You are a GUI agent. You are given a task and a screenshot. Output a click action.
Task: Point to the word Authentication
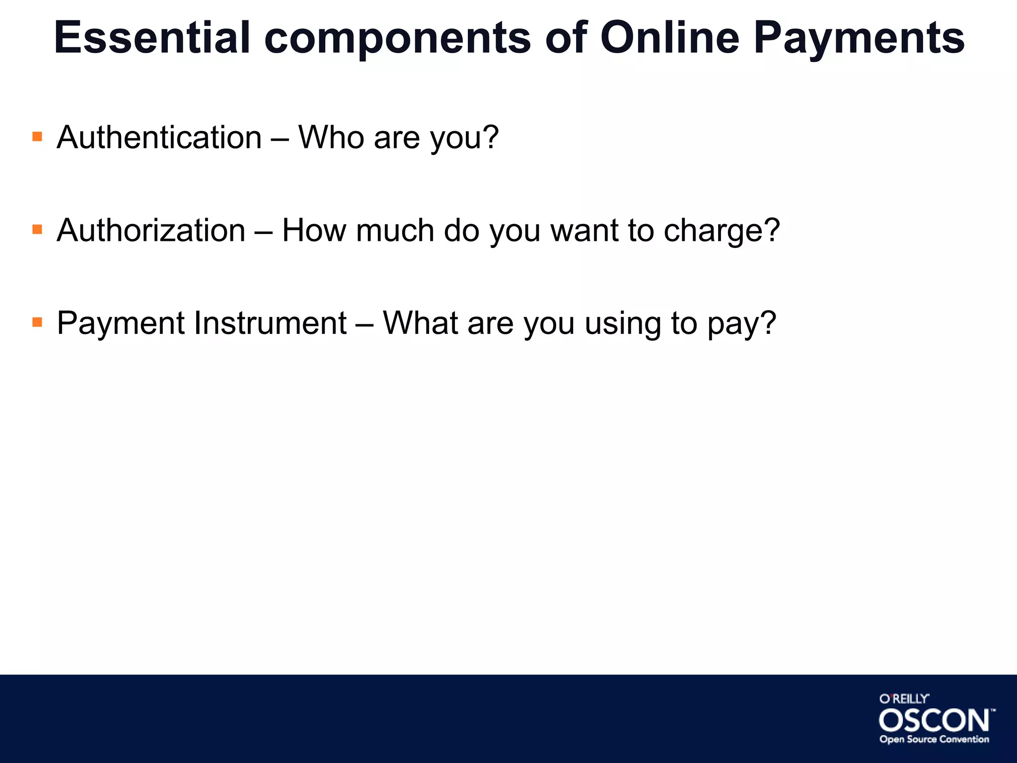coord(159,137)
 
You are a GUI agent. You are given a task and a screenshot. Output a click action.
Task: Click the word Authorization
coord(151,230)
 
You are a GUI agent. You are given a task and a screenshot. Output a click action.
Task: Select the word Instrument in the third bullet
coord(270,323)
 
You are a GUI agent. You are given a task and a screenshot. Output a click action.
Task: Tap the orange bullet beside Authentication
coord(37,136)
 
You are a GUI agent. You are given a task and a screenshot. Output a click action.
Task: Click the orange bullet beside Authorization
coord(37,229)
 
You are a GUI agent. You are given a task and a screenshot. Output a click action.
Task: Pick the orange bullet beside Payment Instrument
coord(37,322)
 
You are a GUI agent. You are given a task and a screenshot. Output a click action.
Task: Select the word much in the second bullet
coord(395,230)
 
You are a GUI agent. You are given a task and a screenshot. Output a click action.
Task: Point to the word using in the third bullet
coord(623,324)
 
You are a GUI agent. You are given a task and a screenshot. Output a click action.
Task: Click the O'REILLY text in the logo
coord(904,699)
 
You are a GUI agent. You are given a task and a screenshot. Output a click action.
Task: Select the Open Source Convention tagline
coord(934,740)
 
